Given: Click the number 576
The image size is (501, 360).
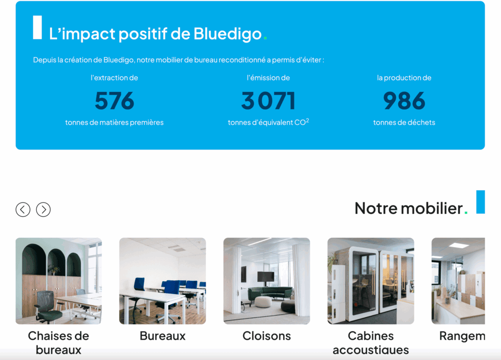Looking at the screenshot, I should (x=114, y=101).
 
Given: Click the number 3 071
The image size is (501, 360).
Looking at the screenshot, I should (x=268, y=101).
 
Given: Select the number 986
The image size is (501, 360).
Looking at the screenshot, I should (x=404, y=101).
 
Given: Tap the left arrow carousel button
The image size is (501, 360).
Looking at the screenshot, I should (x=23, y=209).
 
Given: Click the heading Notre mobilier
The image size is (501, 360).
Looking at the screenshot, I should (x=409, y=208).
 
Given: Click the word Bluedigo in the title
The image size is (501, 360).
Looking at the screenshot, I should (x=228, y=34).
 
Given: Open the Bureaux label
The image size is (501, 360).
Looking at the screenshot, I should (x=162, y=336).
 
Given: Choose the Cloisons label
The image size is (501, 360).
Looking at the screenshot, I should (x=267, y=336).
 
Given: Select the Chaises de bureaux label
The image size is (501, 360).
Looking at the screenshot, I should (x=59, y=342).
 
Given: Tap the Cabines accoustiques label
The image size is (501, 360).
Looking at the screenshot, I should (x=370, y=342).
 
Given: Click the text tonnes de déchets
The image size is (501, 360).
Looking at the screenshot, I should (x=404, y=122).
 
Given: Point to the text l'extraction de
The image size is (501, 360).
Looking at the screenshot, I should (x=114, y=78).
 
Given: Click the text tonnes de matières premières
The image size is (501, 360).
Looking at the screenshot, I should (x=114, y=122).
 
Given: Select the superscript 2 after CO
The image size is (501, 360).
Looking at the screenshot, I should (x=307, y=120).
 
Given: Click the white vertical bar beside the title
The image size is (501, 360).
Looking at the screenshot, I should (x=37, y=27).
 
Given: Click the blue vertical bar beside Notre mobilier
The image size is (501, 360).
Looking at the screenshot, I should (x=480, y=202).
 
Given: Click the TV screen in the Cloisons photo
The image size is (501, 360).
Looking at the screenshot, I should (x=266, y=276).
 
